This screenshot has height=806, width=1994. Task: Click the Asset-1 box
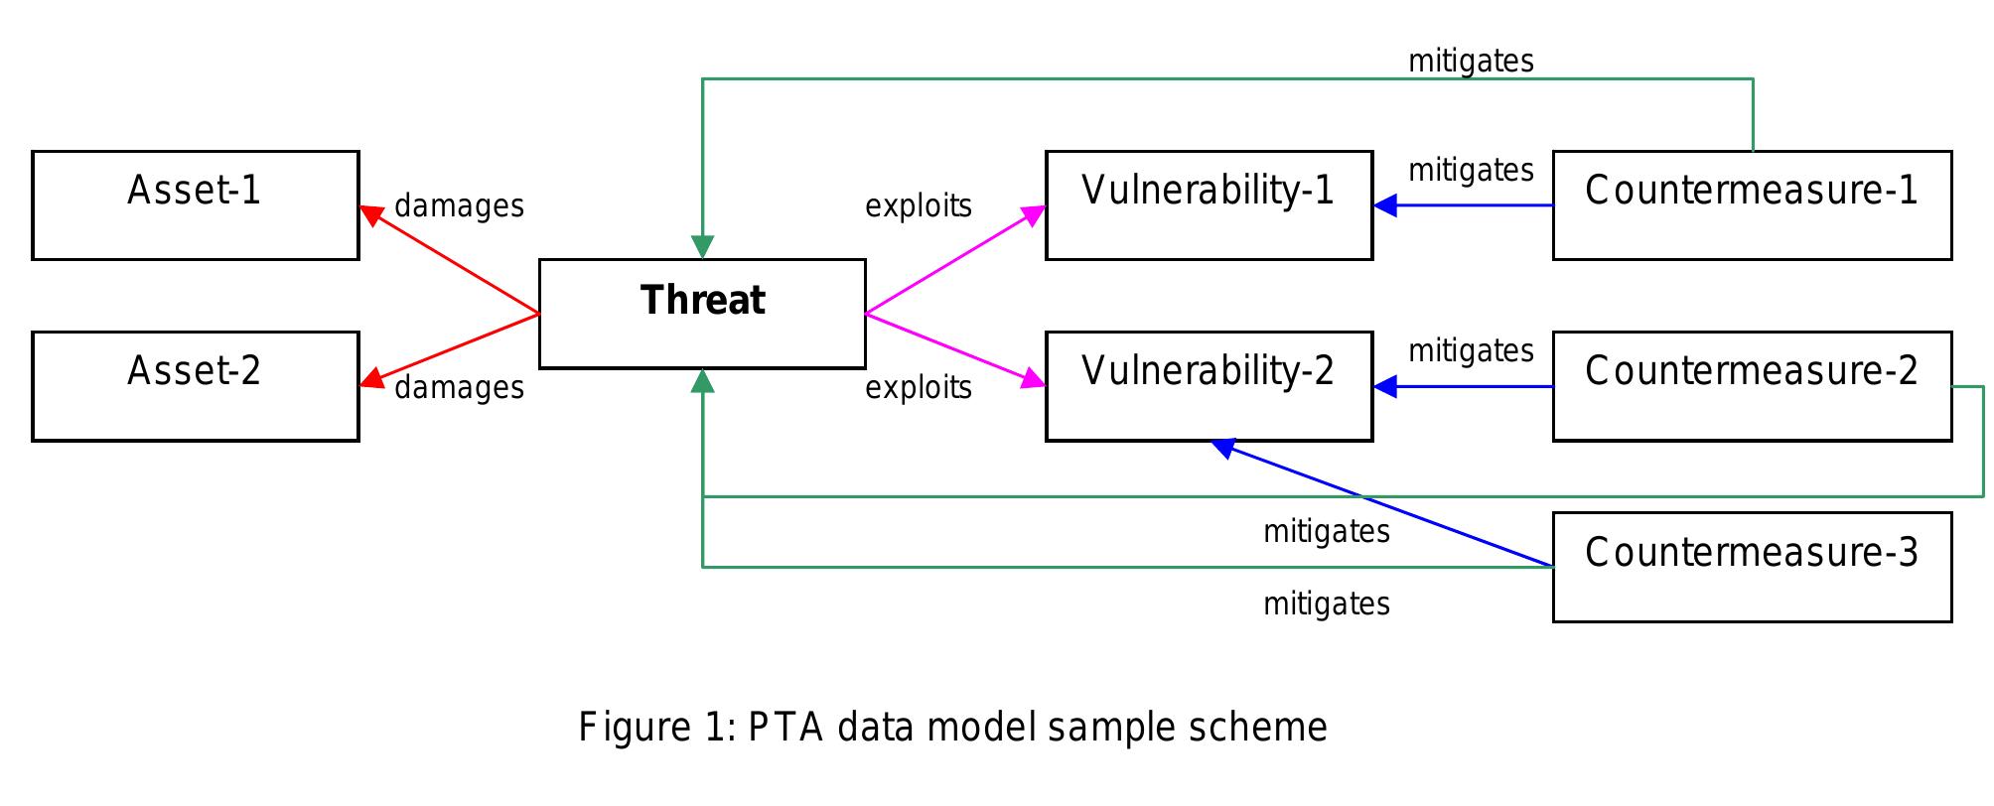[195, 205]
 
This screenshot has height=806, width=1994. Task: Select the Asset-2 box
[195, 386]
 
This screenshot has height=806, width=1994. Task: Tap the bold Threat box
[702, 314]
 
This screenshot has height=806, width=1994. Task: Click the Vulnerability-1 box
[1209, 205]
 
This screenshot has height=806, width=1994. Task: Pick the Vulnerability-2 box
[1209, 386]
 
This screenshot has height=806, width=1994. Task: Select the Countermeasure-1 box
[1752, 205]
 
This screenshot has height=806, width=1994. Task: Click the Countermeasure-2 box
[1752, 386]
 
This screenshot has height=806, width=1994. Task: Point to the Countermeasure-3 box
[1752, 567]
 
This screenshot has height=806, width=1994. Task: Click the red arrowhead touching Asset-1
[371, 213]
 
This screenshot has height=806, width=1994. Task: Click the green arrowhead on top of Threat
[702, 247]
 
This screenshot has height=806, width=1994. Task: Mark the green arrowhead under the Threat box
[702, 381]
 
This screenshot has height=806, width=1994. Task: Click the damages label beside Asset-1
[459, 206]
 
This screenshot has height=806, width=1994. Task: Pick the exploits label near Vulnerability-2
[919, 387]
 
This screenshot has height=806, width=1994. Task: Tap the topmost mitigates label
[1471, 62]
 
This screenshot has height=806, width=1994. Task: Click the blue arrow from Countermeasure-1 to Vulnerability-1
[1470, 205]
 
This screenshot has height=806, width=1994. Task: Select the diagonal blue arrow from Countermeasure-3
[1390, 506]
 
